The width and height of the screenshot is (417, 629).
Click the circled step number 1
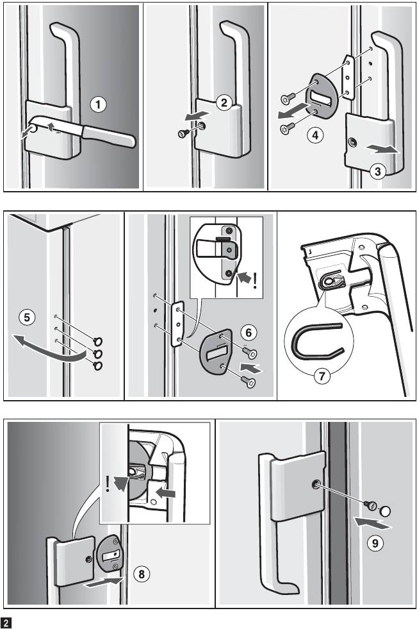[x=98, y=105]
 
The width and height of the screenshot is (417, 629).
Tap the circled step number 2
[x=224, y=103]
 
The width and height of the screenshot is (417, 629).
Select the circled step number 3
[x=378, y=171]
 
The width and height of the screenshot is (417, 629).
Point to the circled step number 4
[x=315, y=135]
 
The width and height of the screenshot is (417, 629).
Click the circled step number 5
[x=27, y=317]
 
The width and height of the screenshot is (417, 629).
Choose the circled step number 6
[x=249, y=333]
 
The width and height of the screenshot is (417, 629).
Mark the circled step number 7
[x=322, y=376]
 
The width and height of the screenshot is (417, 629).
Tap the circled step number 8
[x=142, y=574]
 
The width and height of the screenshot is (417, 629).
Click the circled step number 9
[x=375, y=542]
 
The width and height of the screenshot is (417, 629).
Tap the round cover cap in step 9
[x=385, y=511]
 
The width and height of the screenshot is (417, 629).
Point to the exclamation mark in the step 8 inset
[x=108, y=484]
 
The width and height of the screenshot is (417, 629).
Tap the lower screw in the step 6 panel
[x=249, y=381]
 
